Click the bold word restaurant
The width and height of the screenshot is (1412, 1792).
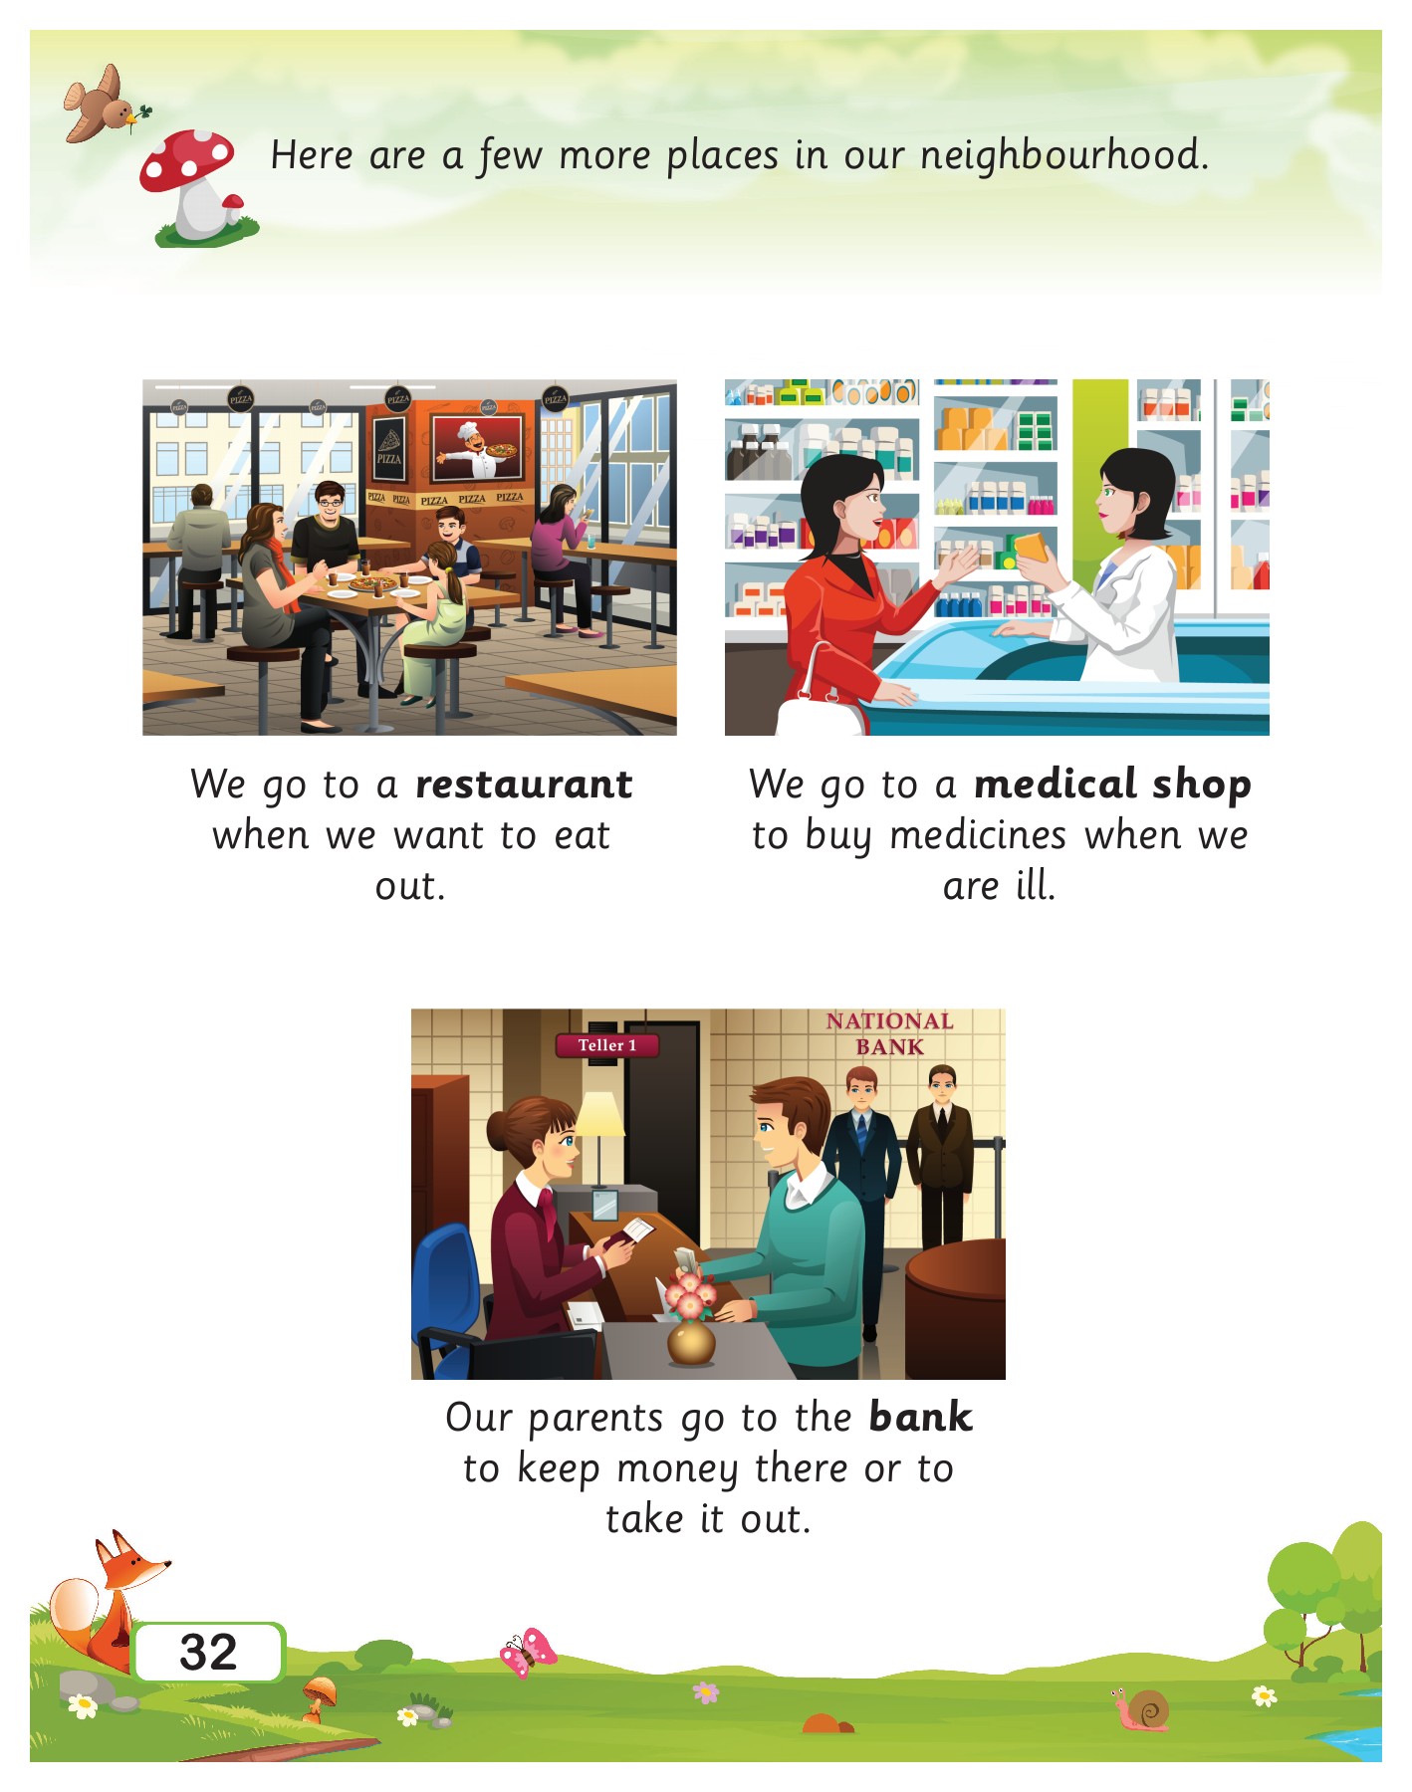[524, 784]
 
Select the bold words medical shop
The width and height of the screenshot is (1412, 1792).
[1112, 784]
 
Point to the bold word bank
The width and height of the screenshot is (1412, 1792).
[920, 1418]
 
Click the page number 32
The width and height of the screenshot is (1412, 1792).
[209, 1653]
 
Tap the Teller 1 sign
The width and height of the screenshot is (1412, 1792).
[606, 1045]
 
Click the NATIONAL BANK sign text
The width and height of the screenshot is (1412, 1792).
[889, 1033]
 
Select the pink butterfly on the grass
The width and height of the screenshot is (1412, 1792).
[528, 1653]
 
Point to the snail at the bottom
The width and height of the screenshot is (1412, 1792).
[1143, 1710]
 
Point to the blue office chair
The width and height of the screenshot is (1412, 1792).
[453, 1294]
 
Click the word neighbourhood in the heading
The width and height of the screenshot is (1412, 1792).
[1062, 156]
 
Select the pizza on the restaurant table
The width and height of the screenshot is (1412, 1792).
[373, 584]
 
